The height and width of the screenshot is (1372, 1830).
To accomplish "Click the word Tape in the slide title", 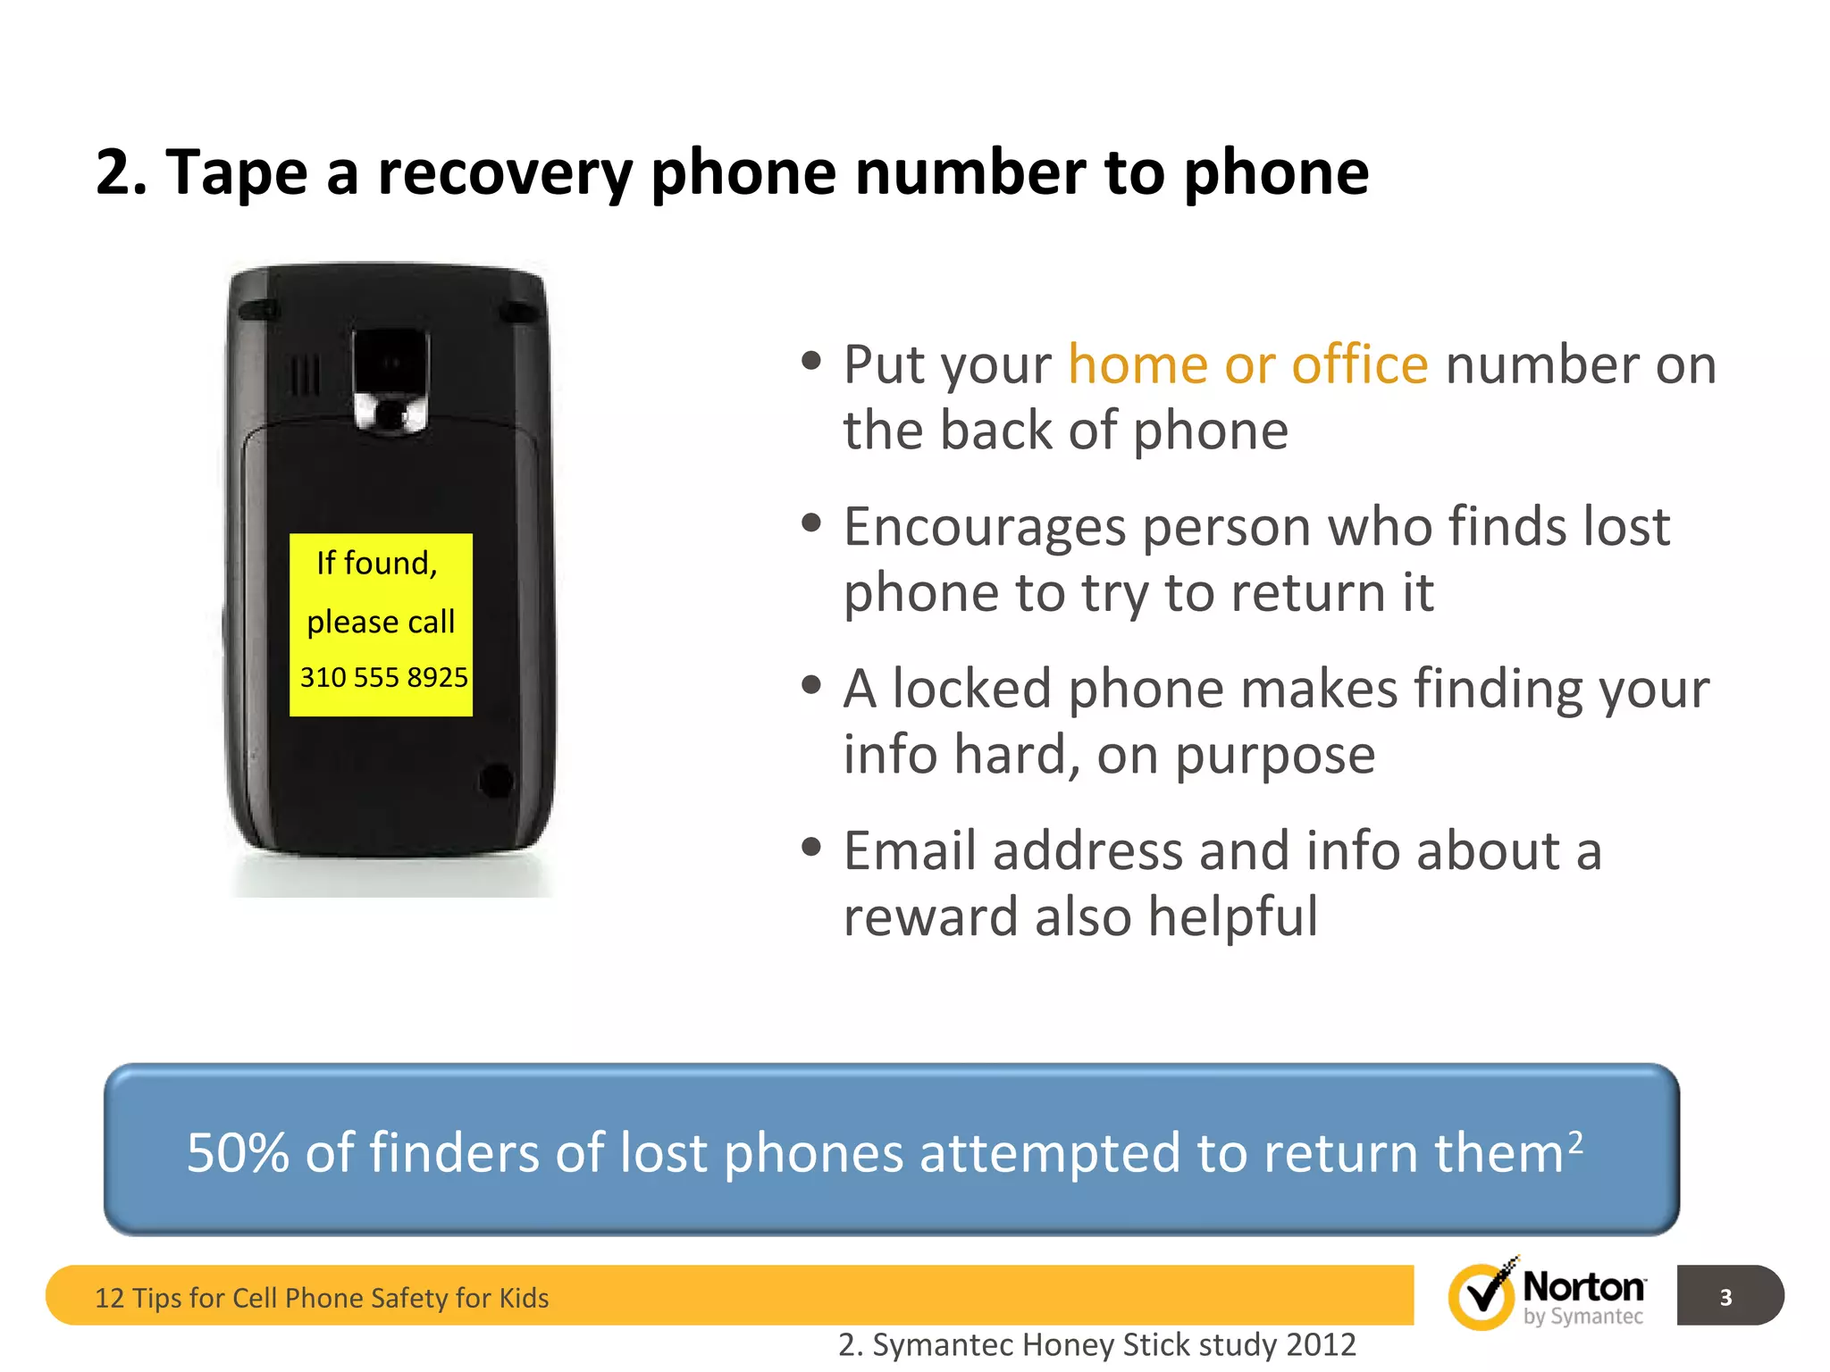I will [236, 171].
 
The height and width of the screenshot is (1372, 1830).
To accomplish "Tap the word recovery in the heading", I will [504, 173].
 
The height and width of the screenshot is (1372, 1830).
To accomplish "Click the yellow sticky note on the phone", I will [381, 624].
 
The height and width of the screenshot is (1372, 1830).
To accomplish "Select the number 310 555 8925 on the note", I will [383, 678].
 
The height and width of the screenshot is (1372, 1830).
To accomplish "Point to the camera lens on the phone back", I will [391, 365].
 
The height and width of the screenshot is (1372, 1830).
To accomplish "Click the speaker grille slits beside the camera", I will [305, 375].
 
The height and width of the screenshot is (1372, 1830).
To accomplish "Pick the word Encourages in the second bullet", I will [984, 527].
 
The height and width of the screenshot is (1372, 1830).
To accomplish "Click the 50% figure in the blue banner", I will [238, 1152].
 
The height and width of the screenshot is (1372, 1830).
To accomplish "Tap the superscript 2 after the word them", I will [1575, 1141].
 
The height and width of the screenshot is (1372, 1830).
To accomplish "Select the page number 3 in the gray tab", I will [1725, 1297].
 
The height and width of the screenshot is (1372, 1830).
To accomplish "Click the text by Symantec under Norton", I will [1582, 1317].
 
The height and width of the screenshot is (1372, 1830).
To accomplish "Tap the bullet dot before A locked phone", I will [811, 686].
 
